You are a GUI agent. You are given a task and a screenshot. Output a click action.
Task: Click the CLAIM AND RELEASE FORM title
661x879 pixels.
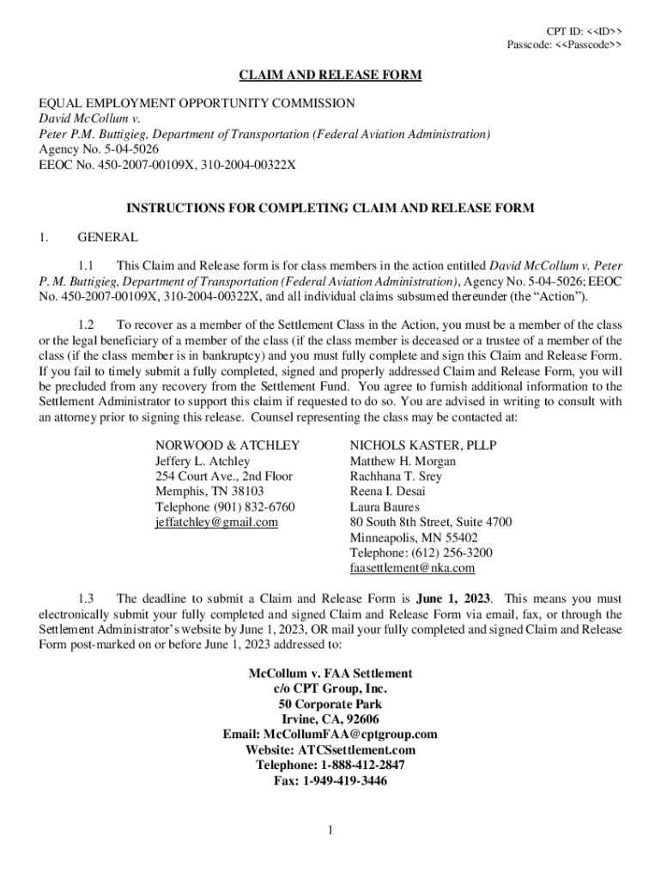[x=330, y=76]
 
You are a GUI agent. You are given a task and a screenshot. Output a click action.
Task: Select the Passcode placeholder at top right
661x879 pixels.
[x=565, y=44]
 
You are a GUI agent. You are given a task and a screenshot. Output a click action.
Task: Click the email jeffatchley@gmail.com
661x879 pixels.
[x=216, y=522]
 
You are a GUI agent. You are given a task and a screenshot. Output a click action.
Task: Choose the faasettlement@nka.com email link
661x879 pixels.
[x=412, y=568]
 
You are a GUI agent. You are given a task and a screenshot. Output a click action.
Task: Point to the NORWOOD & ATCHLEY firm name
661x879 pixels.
[x=227, y=445]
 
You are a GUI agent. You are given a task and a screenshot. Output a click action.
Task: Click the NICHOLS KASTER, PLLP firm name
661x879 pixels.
[x=423, y=445]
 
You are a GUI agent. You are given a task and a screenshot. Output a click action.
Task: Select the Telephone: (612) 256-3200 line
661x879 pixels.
[x=421, y=553]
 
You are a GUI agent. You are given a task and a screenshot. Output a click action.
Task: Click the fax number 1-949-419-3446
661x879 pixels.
[x=330, y=781]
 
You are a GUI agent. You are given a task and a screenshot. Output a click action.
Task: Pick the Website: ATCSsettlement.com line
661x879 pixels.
[x=330, y=749]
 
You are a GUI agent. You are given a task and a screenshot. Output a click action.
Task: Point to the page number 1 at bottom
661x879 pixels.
[x=330, y=829]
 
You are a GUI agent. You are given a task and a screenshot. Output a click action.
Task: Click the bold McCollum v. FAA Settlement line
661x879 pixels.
[x=330, y=673]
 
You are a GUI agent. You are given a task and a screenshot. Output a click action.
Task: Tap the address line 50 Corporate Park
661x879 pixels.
[x=330, y=704]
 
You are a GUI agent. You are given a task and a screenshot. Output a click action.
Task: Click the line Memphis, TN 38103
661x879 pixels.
[x=209, y=491]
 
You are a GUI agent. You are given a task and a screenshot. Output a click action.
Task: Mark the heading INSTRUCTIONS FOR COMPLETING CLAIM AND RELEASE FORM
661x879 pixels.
[x=330, y=208]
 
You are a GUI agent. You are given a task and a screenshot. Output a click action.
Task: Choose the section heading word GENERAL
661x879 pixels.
[x=107, y=237]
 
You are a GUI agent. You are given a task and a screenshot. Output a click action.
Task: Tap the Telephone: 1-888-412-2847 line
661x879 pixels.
[x=330, y=765]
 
